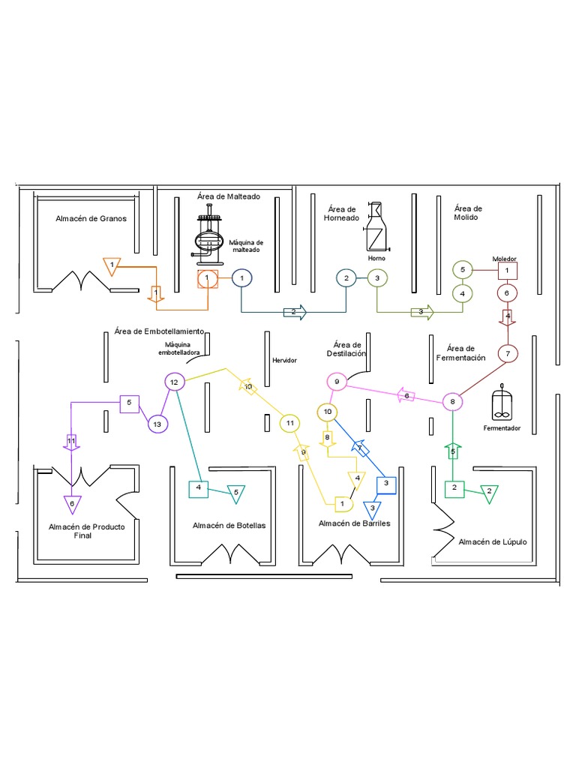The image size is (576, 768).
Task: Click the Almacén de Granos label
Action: [91, 219]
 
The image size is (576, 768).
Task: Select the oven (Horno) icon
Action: [376, 227]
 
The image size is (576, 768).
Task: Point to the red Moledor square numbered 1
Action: [508, 269]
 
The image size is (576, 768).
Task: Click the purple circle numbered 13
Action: [157, 424]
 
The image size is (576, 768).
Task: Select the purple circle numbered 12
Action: [174, 382]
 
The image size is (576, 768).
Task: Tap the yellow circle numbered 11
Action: [290, 424]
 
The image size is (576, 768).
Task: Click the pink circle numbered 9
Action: [337, 382]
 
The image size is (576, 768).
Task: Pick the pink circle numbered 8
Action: [453, 402]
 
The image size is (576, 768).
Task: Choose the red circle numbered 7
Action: [508, 353]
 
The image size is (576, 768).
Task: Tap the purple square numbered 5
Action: [129, 403]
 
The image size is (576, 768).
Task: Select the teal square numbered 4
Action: [199, 488]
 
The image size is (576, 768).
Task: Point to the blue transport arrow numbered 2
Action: [295, 311]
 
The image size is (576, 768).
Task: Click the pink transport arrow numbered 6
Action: [406, 395]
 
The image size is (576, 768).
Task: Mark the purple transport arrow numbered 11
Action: [72, 442]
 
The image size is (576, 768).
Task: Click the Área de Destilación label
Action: [345, 349]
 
